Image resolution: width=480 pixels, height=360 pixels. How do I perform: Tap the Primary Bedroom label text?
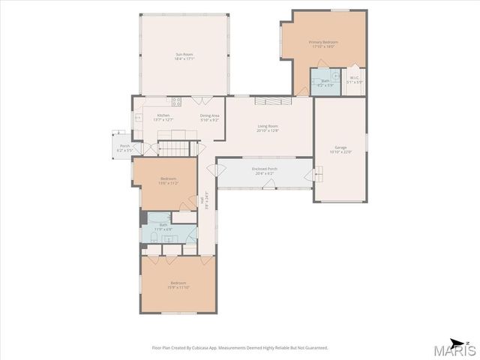(323, 44)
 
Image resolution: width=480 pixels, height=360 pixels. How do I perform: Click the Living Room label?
(268, 128)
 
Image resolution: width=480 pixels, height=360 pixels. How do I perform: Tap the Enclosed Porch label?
(265, 171)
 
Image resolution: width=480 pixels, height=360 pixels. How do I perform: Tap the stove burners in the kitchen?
(178, 100)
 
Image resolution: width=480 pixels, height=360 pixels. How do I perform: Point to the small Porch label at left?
(124, 148)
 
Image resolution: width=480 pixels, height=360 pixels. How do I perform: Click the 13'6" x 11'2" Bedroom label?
(167, 181)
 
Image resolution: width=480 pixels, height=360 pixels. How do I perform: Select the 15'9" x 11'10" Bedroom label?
(178, 285)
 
